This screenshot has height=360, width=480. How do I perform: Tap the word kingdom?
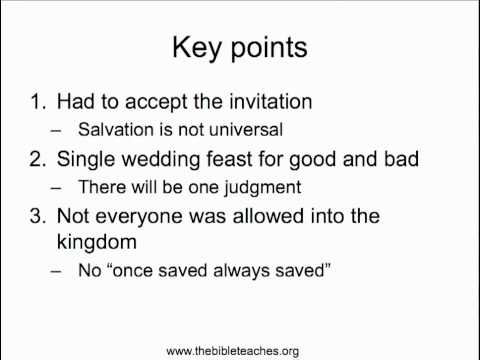tap(94, 243)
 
